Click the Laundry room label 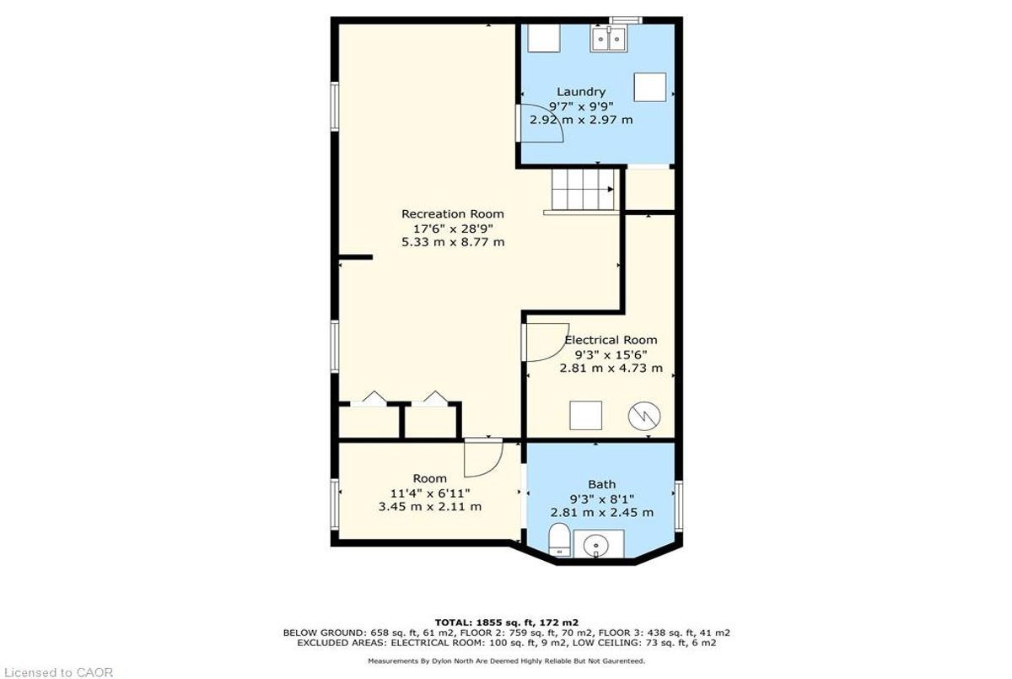581,92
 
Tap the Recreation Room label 453,213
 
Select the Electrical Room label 611,340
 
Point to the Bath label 602,484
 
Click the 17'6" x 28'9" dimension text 453,228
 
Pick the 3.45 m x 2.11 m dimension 429,506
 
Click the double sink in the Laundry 609,39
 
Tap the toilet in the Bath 559,540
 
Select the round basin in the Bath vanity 596,546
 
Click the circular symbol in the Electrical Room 644,416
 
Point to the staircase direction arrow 611,189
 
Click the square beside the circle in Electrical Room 585,415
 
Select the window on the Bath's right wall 679,505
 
